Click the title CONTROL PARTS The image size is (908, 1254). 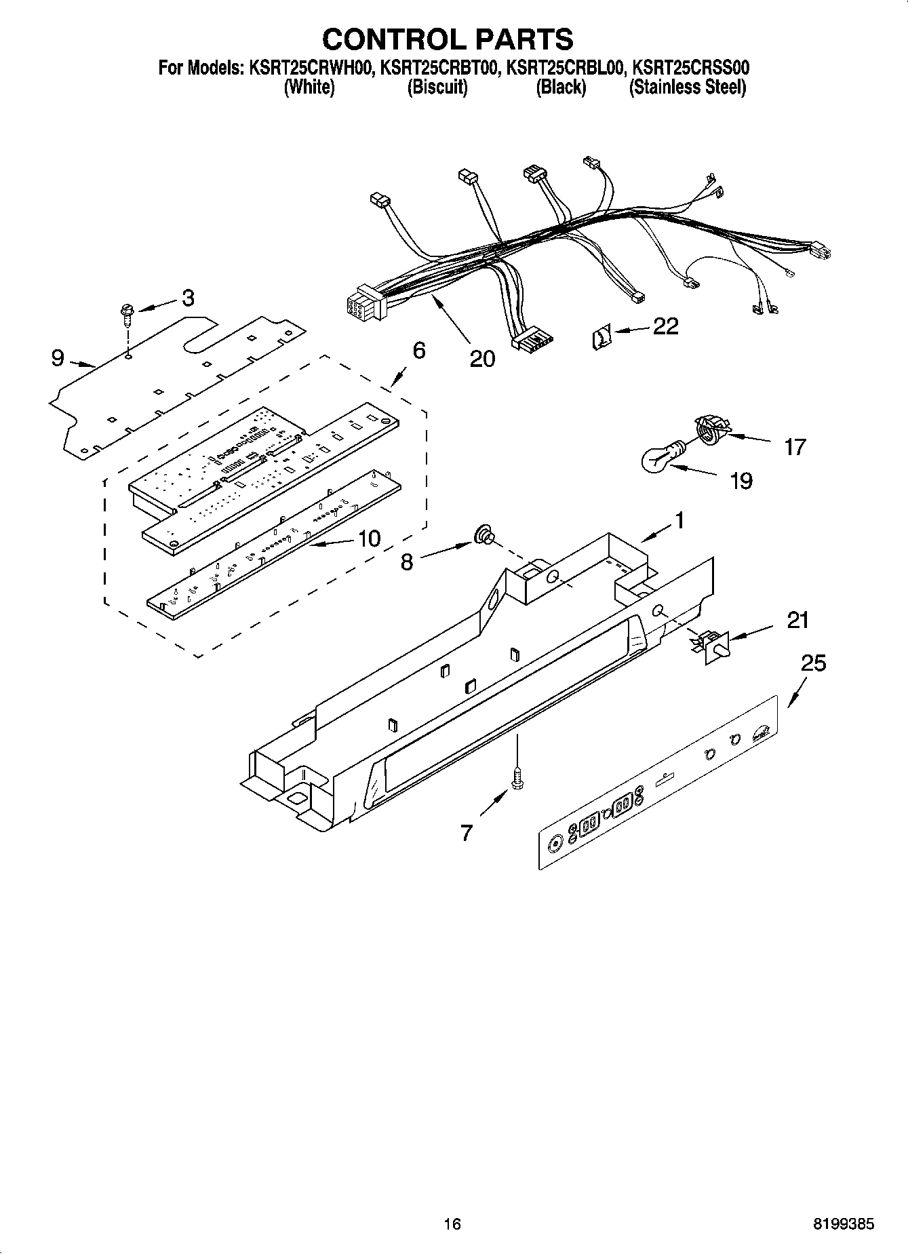(447, 39)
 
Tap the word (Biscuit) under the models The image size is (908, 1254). (437, 87)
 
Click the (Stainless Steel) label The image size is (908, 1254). (688, 87)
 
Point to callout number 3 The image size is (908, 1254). (188, 298)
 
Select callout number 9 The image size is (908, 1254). (58, 357)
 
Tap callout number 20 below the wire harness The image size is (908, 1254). (482, 358)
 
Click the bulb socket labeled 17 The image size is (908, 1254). (709, 431)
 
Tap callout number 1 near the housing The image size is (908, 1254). (677, 521)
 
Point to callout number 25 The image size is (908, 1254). (813, 663)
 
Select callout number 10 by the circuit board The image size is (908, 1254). (369, 538)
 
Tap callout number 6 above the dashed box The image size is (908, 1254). (418, 351)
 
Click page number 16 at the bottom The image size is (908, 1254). (452, 1223)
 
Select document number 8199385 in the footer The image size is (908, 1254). (844, 1223)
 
